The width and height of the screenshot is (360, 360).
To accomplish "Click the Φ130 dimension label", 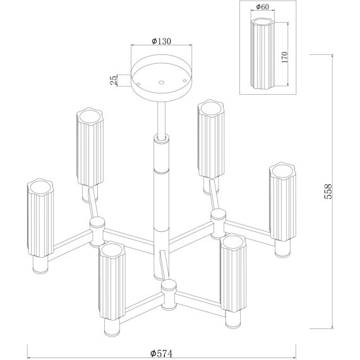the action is click(x=162, y=41).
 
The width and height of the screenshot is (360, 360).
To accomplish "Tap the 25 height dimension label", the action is click(x=114, y=80).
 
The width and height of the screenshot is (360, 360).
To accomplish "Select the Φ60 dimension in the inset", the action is click(x=263, y=7).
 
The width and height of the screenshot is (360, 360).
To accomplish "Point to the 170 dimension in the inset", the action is click(x=284, y=57).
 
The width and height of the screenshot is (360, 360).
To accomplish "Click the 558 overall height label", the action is click(x=328, y=191).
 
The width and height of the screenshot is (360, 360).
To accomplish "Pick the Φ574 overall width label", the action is click(x=161, y=353).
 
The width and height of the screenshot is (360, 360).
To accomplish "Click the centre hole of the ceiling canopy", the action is click(x=162, y=82).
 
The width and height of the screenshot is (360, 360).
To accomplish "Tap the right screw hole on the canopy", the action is click(x=184, y=80).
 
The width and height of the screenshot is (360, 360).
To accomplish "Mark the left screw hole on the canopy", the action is click(x=138, y=84).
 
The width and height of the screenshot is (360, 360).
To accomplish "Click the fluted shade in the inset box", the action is click(x=263, y=54).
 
